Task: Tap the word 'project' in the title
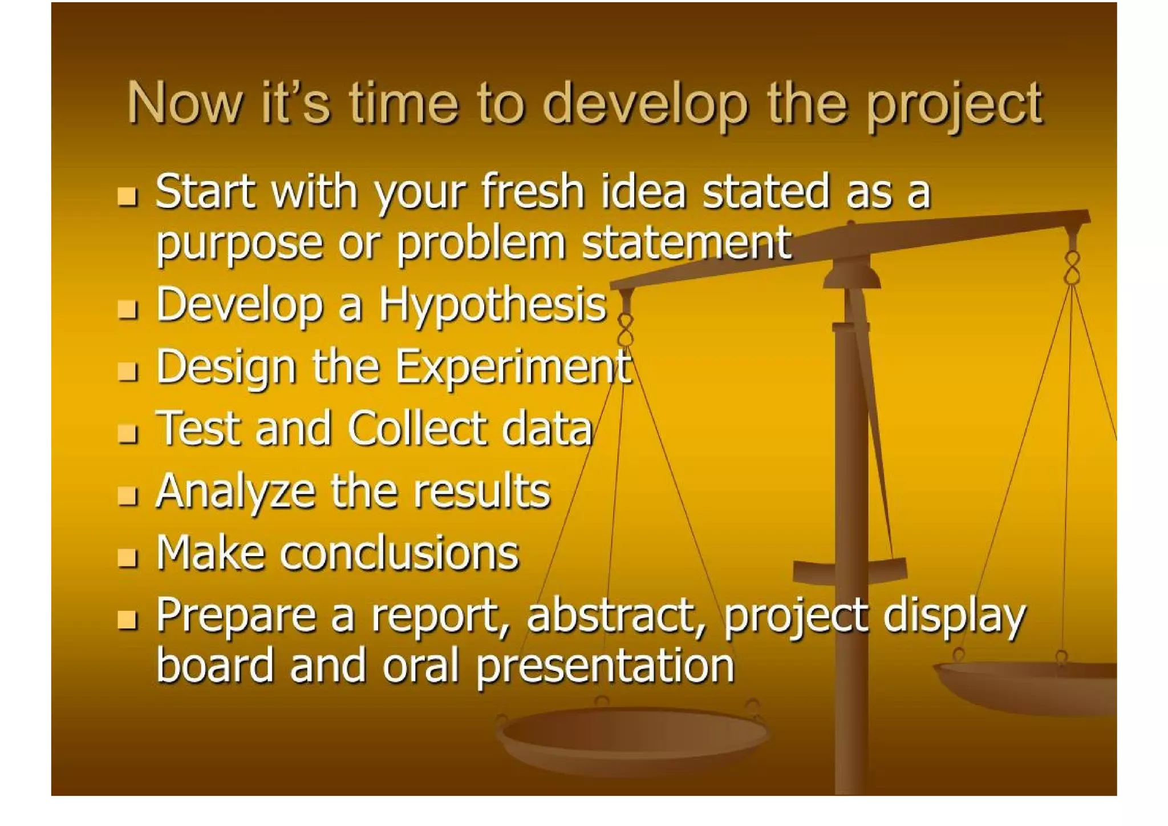pyautogui.click(x=954, y=106)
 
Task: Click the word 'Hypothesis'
pyautogui.click(x=493, y=304)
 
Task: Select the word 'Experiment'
pyautogui.click(x=513, y=367)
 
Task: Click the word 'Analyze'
pyautogui.click(x=235, y=491)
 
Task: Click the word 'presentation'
pyautogui.click(x=605, y=666)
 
